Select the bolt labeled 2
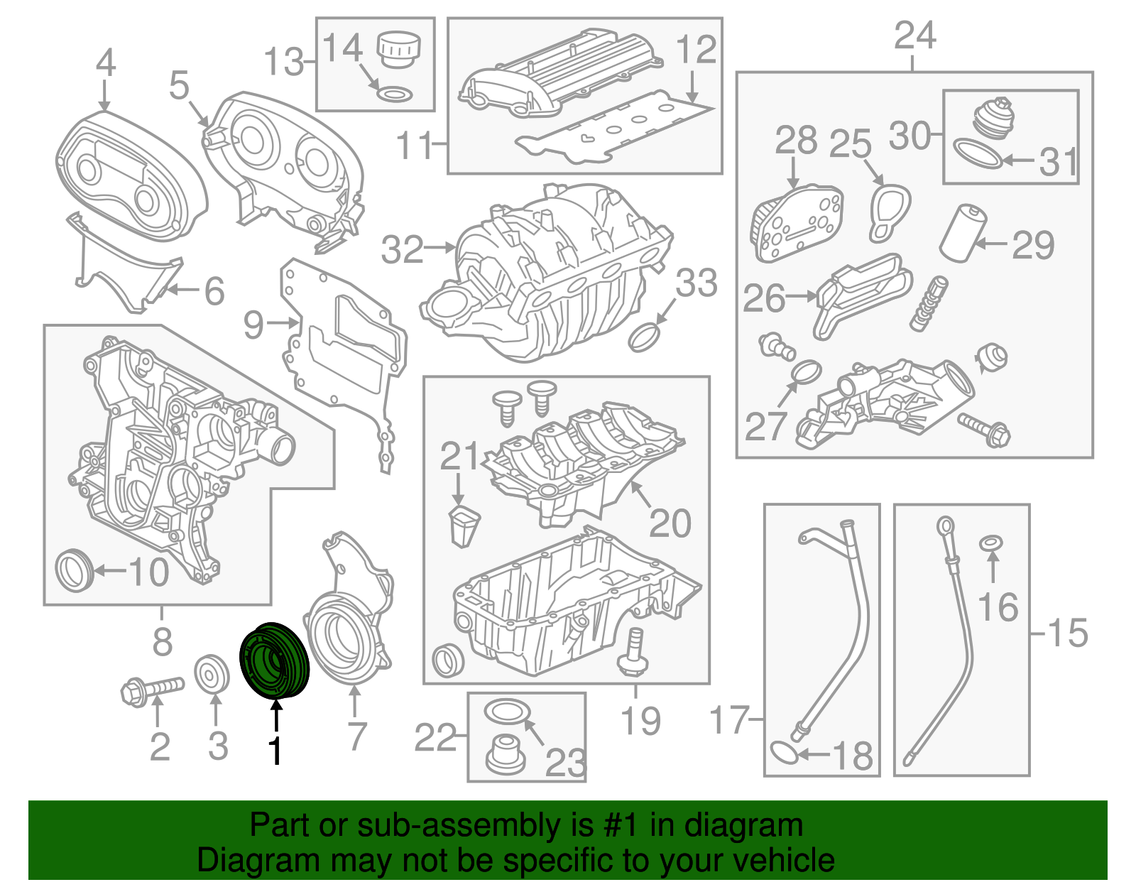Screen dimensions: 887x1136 152,688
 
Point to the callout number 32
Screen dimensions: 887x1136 402,249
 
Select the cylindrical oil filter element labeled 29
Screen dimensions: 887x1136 963,232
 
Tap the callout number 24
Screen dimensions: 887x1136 914,35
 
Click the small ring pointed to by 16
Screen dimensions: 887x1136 991,543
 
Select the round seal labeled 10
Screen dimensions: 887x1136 73,570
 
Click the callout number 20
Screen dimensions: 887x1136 670,523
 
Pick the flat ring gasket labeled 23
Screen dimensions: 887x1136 507,710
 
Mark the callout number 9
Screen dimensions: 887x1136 253,325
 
